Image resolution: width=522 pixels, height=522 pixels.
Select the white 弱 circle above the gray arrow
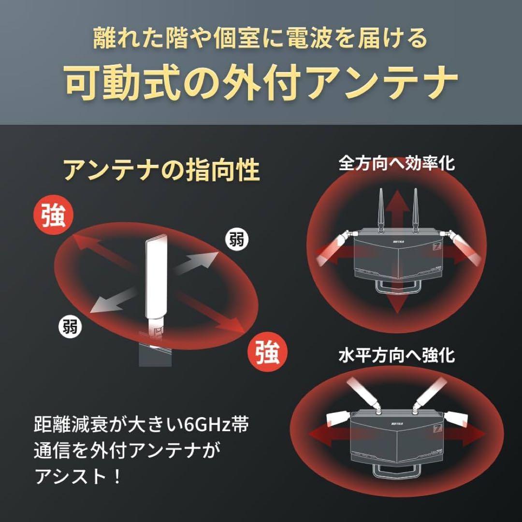[236, 239]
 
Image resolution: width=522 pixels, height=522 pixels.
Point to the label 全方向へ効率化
[396, 163]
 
